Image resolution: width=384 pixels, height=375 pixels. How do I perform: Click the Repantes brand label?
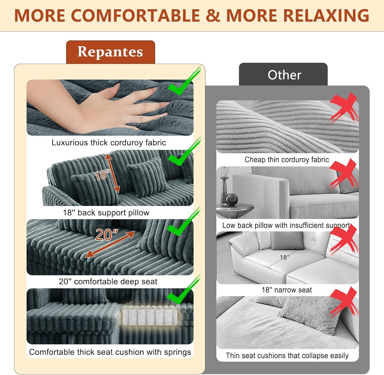110,52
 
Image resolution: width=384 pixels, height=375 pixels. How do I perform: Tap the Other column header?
284,75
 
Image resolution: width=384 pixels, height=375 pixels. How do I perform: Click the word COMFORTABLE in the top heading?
135,16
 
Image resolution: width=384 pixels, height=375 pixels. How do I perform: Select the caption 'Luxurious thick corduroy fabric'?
109,143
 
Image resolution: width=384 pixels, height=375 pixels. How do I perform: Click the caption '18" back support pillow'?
106,213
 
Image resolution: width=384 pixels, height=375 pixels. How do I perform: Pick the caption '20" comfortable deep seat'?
108,282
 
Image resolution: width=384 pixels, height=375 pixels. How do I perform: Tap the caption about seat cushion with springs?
110,352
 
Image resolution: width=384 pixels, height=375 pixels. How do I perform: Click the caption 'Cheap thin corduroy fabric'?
287,160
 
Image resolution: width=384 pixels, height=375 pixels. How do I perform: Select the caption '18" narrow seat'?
287,290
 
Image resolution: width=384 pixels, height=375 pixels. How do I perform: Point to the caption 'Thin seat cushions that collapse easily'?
287,356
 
